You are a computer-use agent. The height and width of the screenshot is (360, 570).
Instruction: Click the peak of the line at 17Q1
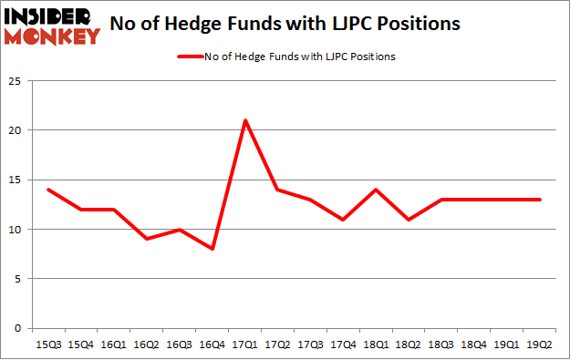coord(245,120)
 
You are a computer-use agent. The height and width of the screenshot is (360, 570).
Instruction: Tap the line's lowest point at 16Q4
coord(212,249)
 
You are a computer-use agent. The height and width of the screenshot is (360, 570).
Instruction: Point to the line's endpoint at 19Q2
coord(541,200)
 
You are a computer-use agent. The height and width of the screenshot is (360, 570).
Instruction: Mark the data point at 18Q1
coord(377,190)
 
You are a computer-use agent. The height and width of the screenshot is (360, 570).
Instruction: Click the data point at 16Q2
coord(147,239)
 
